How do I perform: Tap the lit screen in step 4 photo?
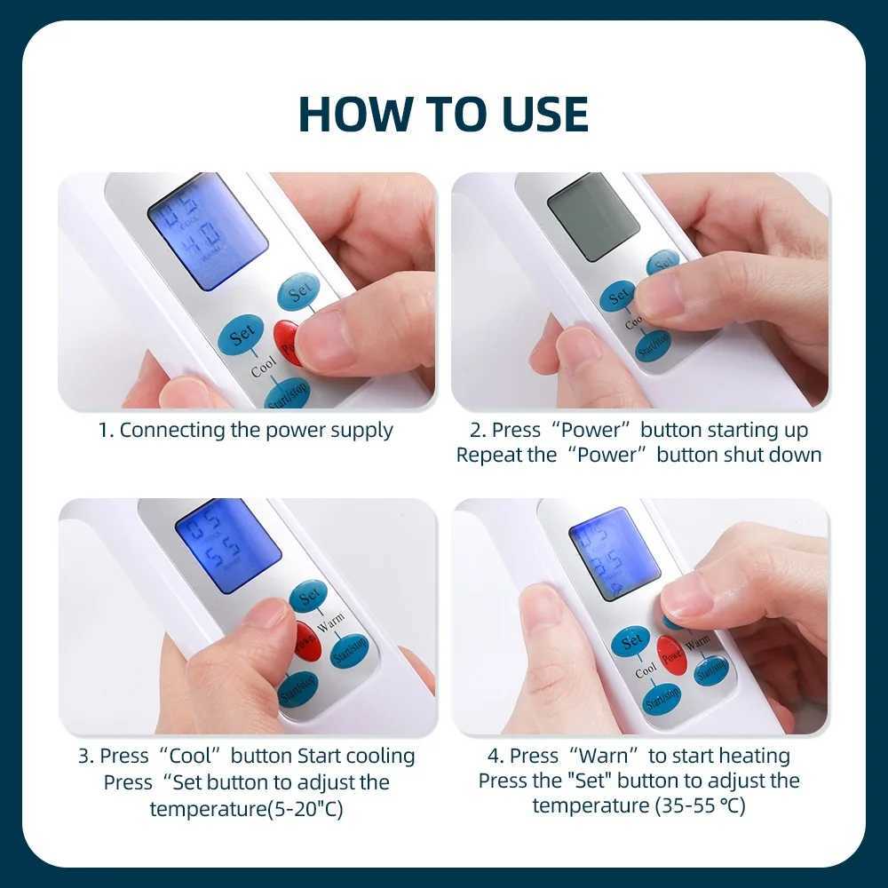tap(614, 553)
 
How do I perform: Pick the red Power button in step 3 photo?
tap(305, 642)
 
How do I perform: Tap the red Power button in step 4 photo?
tap(672, 654)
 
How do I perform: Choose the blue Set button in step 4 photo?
tap(631, 641)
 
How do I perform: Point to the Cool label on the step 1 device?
tap(264, 365)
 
